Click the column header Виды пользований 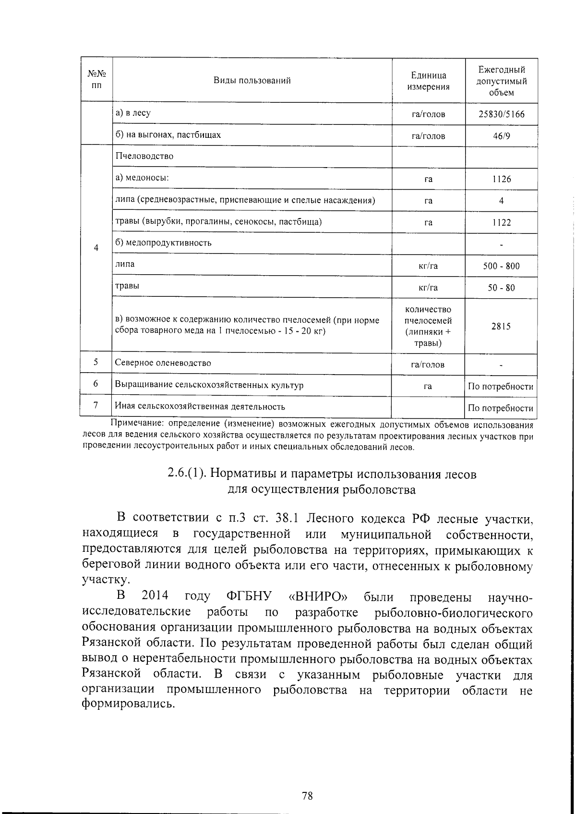click(x=252, y=80)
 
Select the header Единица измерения click(x=428, y=81)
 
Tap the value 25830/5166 click(x=501, y=114)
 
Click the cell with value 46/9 click(x=501, y=136)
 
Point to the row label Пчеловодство click(x=144, y=156)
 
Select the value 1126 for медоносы click(x=501, y=179)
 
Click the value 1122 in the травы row click(x=501, y=222)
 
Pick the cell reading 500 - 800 click(x=501, y=266)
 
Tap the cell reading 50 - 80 click(x=501, y=288)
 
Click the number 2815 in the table click(x=501, y=327)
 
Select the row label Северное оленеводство click(x=163, y=363)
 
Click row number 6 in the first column click(x=96, y=384)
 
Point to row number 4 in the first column click(x=96, y=248)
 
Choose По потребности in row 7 click(x=501, y=408)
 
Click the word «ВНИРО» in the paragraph click(x=318, y=596)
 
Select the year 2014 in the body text click(x=156, y=596)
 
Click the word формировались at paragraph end click(x=126, y=705)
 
